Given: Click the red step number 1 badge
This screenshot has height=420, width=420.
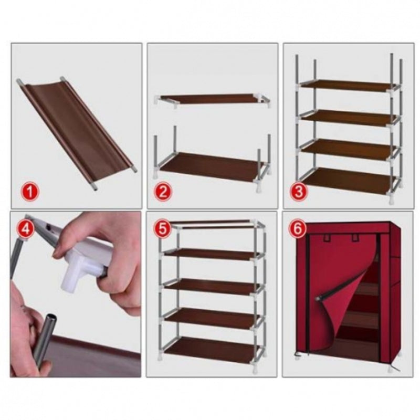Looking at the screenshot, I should pos(30,192).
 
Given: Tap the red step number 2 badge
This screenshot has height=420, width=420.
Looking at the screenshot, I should pos(163,192).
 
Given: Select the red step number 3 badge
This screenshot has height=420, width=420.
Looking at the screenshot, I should pos(299,192).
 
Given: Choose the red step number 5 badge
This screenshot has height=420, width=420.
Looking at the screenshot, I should pos(163,229).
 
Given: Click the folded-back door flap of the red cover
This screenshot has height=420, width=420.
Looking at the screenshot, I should pos(346,304).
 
